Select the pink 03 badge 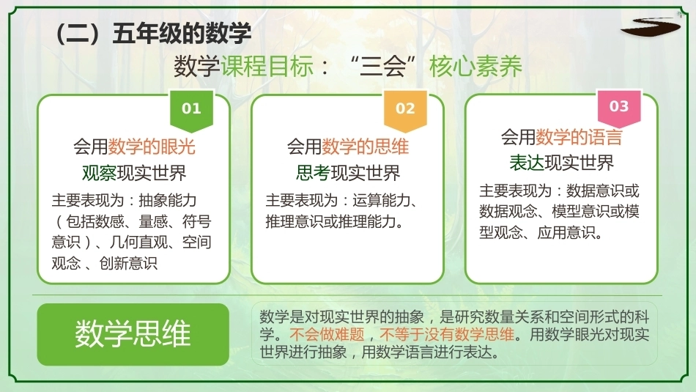pos(619,108)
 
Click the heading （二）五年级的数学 pos(152,33)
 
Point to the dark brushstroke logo pos(651,26)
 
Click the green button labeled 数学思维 pos(133,334)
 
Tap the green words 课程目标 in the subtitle pos(267,67)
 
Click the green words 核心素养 pos(475,67)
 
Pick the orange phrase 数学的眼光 pos(152,147)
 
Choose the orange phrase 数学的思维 pos(366,147)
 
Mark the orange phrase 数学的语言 pos(579,137)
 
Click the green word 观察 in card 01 pos(99,173)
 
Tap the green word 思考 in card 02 pos(313,173)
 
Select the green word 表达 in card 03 pos(527,163)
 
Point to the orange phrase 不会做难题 pos(327,334)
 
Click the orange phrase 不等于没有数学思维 pos(447,334)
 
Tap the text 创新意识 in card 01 pos(128,263)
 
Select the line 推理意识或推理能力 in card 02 pos(330,221)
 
